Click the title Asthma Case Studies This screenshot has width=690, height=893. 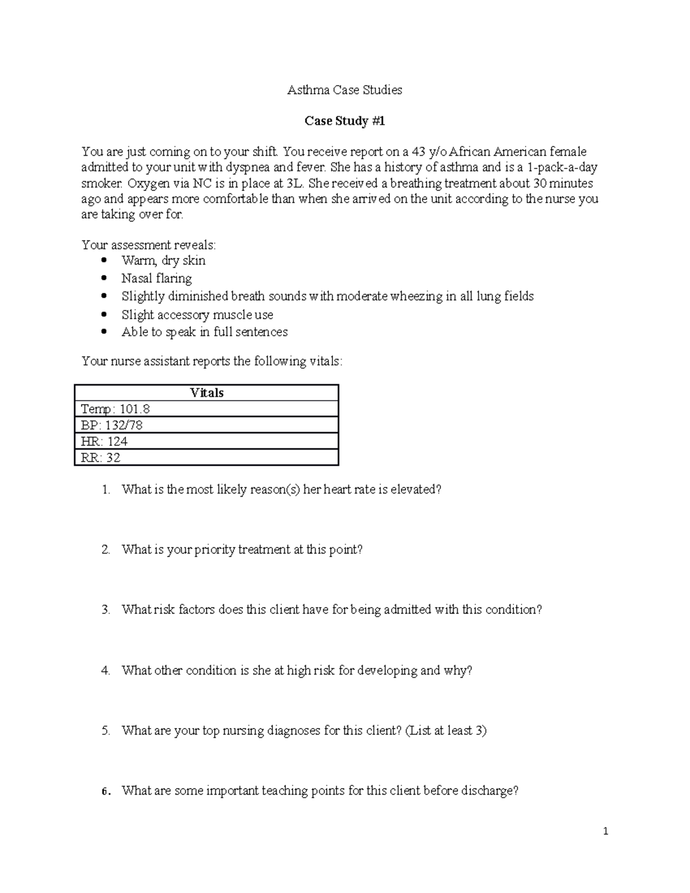[x=344, y=90]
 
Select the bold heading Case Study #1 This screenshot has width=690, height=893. [x=344, y=121]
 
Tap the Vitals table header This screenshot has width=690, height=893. [x=206, y=393]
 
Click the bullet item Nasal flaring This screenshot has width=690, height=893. [x=156, y=278]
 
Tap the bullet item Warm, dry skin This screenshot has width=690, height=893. [x=163, y=260]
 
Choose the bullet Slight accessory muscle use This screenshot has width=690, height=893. [x=197, y=315]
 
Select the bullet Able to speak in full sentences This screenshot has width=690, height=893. [x=204, y=332]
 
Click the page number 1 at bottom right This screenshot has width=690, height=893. [x=605, y=831]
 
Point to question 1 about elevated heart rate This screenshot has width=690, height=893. [x=281, y=489]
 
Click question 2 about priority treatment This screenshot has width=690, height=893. [x=242, y=550]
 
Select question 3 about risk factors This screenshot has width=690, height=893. [x=332, y=610]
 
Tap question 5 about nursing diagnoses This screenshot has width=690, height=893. [x=304, y=730]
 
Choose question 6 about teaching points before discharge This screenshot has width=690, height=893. [x=320, y=791]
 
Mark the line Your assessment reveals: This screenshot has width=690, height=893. [x=149, y=245]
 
